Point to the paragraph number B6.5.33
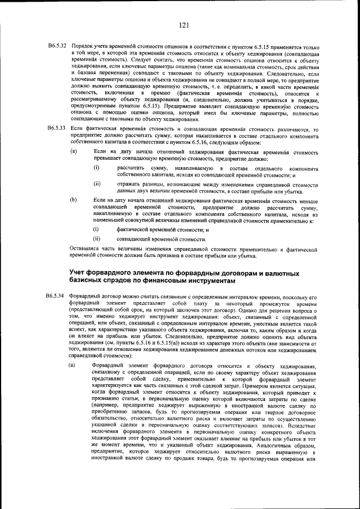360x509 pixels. coord(57,129)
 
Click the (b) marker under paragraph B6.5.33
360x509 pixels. coord(73,200)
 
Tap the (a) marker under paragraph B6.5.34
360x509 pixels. coord(73,366)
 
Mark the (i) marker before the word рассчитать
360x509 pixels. coord(96,168)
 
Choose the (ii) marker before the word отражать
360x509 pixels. coord(97,184)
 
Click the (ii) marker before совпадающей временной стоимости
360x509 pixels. coord(97,239)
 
